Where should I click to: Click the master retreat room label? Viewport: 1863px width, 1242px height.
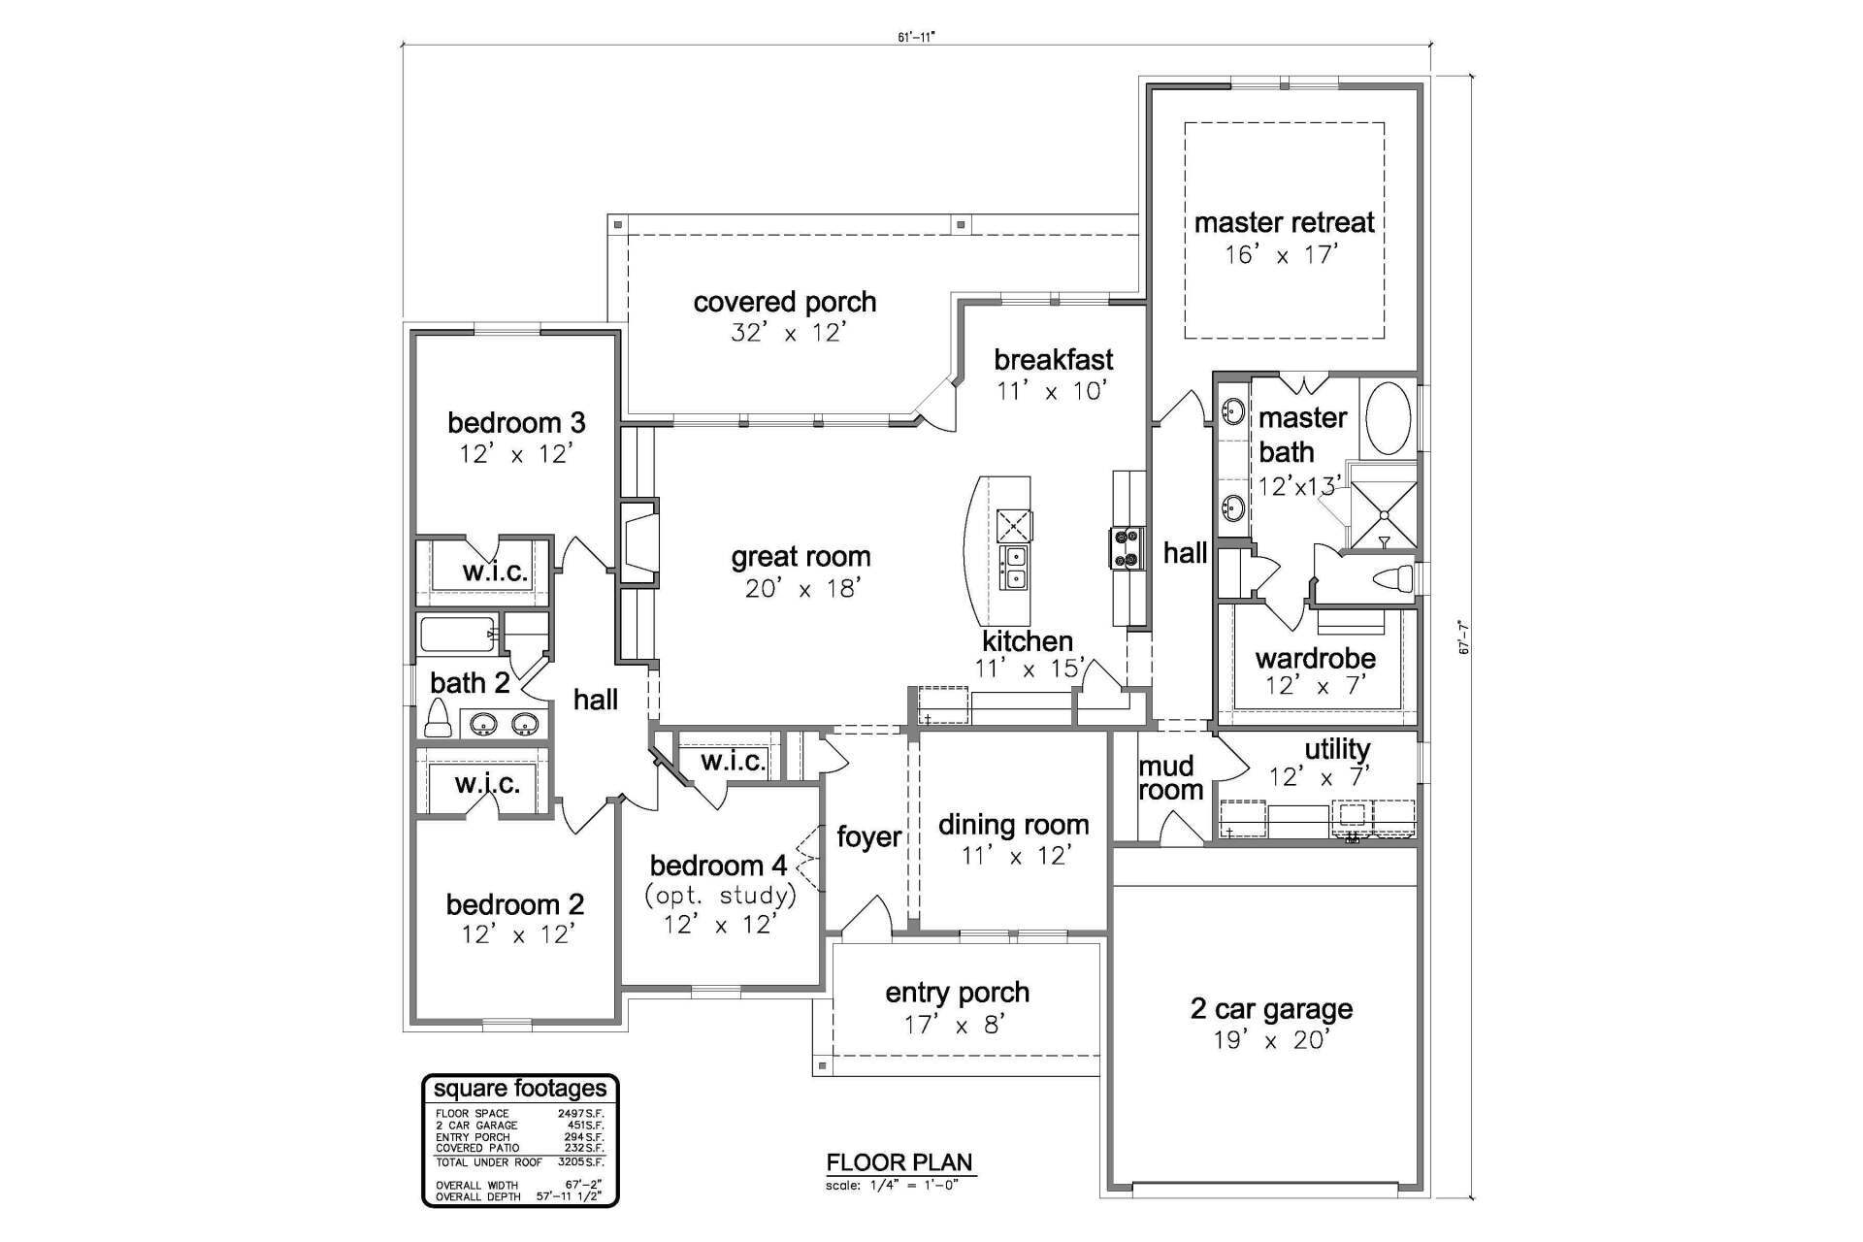pos(1284,222)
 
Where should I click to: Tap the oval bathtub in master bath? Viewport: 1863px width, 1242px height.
pos(1389,418)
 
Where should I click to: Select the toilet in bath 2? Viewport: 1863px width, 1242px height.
pos(438,719)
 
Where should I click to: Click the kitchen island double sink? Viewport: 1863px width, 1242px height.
pos(1015,569)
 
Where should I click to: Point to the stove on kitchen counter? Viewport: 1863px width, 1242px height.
pos(1127,547)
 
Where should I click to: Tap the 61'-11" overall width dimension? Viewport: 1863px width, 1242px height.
pos(915,37)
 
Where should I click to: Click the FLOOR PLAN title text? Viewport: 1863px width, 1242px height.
pos(899,1162)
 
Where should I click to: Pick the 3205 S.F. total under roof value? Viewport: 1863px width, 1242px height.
pos(580,1161)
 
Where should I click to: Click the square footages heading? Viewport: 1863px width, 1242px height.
pos(520,1089)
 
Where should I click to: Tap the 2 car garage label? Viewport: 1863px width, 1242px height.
pos(1271,1009)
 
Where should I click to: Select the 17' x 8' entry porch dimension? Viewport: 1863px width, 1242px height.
pos(956,1025)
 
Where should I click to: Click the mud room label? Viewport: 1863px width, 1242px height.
pos(1169,778)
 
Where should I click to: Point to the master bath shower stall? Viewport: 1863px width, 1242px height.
pos(1383,514)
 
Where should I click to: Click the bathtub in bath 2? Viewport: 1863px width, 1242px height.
pos(457,636)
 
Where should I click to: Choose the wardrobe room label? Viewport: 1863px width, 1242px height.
pos(1315,659)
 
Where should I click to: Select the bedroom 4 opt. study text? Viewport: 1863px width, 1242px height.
pos(720,894)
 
